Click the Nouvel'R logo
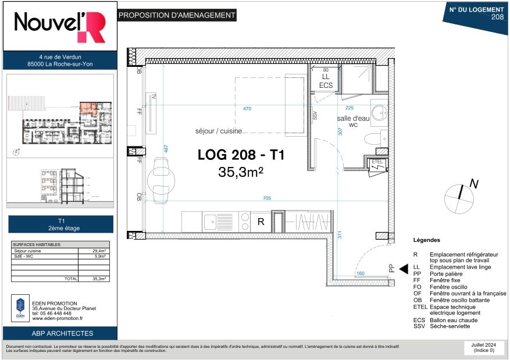[60, 26]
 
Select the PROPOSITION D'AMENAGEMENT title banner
[177, 16]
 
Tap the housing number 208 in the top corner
[497, 17]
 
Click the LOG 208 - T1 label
[240, 156]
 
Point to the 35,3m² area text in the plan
[241, 172]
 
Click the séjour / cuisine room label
[219, 131]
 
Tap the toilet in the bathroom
[373, 139]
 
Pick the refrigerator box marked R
[261, 222]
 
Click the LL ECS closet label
[326, 81]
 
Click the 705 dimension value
[267, 198]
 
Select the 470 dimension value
[247, 108]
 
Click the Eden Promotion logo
[20, 308]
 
